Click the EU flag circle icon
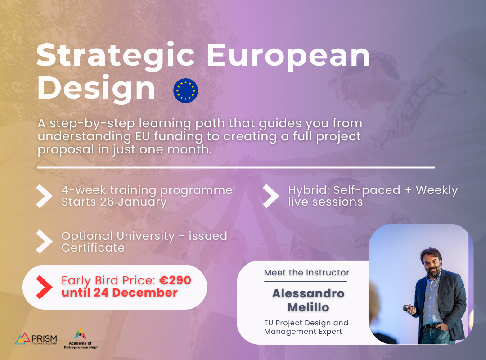click(185, 90)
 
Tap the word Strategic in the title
click(115, 56)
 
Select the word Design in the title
click(96, 89)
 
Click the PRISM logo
click(36, 338)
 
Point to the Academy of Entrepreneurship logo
click(80, 338)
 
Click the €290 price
click(175, 280)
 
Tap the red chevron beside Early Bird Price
click(44, 287)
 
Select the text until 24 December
click(120, 292)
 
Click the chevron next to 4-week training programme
click(44, 196)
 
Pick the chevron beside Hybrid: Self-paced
click(271, 196)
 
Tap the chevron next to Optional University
click(44, 242)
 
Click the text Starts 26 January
click(114, 202)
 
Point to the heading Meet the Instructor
click(306, 273)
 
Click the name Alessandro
click(308, 293)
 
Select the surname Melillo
click(308, 308)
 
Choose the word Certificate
click(93, 248)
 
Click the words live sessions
click(325, 202)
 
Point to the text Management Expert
click(303, 332)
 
